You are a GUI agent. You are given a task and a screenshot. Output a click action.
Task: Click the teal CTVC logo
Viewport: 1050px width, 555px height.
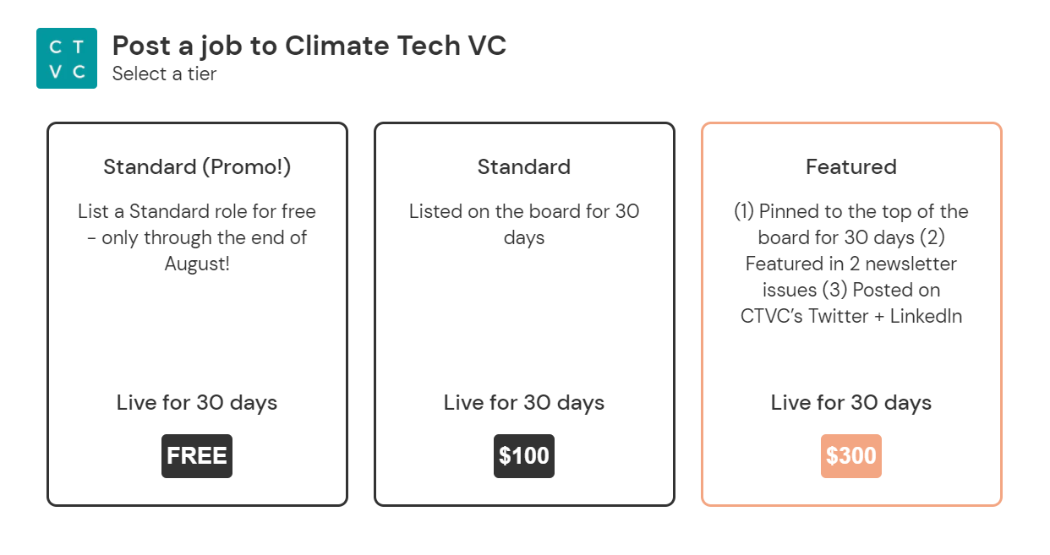(x=67, y=58)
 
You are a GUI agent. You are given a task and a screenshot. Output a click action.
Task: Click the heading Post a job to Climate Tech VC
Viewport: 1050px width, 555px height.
(x=309, y=46)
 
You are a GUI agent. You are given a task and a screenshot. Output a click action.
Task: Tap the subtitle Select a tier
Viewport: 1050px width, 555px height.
(x=164, y=74)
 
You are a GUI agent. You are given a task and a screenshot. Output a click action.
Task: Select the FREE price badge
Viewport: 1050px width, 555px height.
(x=197, y=455)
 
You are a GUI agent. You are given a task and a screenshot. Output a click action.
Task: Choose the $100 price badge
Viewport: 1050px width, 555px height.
(x=524, y=455)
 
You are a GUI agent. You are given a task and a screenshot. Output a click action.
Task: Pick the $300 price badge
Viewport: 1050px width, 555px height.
(x=851, y=455)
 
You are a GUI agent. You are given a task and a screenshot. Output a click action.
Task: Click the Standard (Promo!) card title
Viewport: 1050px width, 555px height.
(x=197, y=167)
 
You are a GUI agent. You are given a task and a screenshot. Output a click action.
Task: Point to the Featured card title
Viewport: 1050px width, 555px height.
(x=851, y=167)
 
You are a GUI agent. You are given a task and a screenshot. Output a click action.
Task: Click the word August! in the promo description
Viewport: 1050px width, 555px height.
(x=197, y=264)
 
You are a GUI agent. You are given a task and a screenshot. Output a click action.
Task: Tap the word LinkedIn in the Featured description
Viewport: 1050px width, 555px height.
(x=926, y=316)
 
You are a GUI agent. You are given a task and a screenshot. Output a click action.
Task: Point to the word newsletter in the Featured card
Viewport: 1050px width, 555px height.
(x=911, y=264)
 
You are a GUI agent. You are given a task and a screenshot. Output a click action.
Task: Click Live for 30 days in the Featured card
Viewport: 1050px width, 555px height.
(x=851, y=403)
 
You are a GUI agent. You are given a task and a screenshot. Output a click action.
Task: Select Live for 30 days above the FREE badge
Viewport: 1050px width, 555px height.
(x=197, y=403)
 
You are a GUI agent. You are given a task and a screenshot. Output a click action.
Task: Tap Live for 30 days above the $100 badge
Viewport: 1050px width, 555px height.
(x=524, y=403)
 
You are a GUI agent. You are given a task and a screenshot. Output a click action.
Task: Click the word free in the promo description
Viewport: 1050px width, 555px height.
(x=298, y=211)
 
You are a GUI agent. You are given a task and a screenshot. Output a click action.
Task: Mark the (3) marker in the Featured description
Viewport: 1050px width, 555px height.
(x=835, y=290)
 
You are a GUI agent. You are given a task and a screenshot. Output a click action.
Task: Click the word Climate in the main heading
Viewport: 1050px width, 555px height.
(x=337, y=46)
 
